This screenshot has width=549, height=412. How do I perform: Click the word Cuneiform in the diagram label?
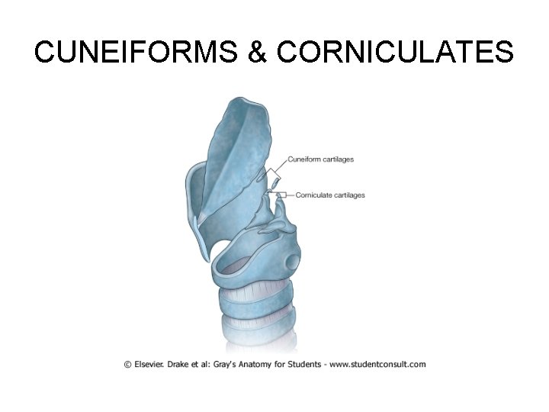point(304,159)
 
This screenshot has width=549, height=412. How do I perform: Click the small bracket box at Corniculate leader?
point(281,195)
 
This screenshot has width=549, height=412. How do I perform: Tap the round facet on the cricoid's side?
point(291,262)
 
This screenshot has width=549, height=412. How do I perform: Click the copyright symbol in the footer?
point(127,365)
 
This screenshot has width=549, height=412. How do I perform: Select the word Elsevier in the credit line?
point(151,365)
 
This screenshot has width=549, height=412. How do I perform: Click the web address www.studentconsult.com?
point(380,365)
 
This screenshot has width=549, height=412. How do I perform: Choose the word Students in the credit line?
point(307,365)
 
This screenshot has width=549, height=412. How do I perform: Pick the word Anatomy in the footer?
point(262,365)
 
